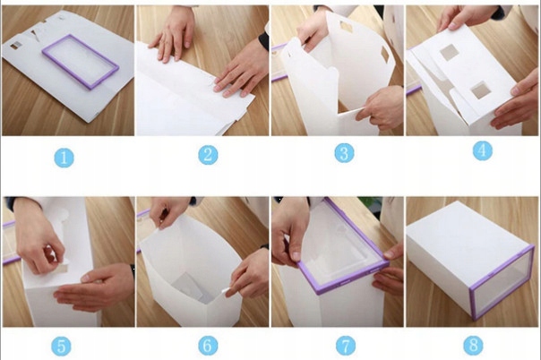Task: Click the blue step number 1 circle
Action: click(64, 158)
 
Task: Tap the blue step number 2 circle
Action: click(208, 155)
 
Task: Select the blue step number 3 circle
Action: click(344, 153)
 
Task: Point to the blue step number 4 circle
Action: click(483, 150)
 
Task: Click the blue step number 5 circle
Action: click(62, 346)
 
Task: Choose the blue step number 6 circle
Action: click(208, 346)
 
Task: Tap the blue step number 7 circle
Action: click(346, 346)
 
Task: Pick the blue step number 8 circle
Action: click(473, 346)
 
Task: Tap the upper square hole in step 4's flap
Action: click(450, 53)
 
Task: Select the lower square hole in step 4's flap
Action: click(481, 90)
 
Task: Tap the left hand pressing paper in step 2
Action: click(174, 35)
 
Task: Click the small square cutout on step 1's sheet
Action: click(15, 46)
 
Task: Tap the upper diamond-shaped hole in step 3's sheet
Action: click(346, 26)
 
